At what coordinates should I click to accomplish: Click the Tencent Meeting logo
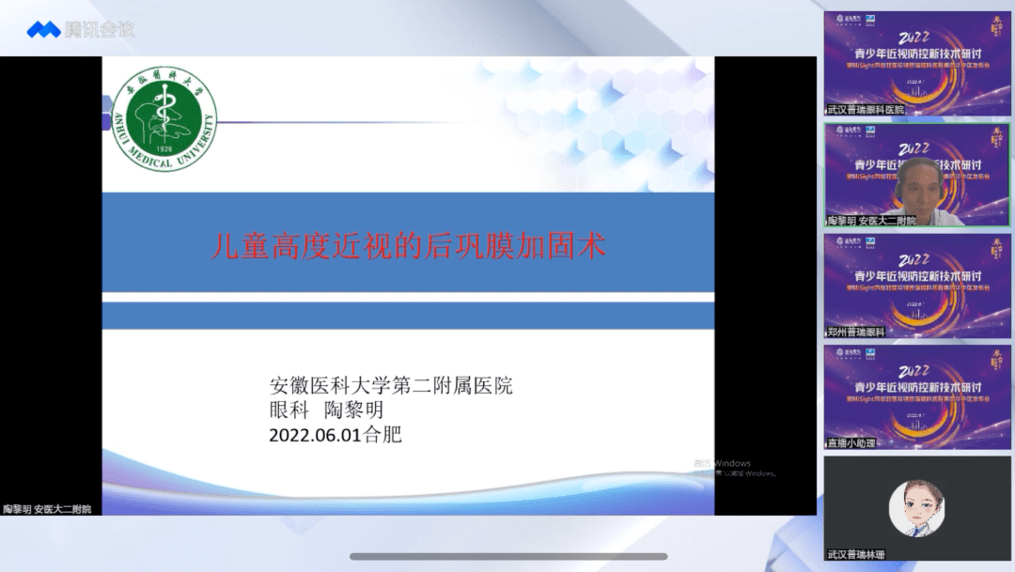(x=81, y=29)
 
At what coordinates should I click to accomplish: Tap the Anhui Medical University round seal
(x=164, y=121)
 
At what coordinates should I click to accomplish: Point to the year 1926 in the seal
(x=164, y=148)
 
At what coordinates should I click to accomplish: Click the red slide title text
(x=406, y=247)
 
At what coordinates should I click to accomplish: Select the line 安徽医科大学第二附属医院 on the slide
(x=391, y=385)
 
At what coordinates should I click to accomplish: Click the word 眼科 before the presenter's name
(x=288, y=410)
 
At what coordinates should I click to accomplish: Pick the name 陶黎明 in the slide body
(x=354, y=410)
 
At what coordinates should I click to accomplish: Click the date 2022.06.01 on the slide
(x=316, y=436)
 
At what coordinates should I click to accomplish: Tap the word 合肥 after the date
(x=383, y=436)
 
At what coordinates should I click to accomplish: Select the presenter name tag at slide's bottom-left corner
(x=47, y=509)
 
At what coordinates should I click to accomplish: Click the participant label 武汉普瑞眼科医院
(x=867, y=110)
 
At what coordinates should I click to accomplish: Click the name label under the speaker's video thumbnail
(x=871, y=221)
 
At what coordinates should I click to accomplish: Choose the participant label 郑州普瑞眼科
(x=855, y=332)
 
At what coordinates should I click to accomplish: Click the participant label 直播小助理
(x=851, y=442)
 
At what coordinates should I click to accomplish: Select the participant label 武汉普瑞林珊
(x=855, y=554)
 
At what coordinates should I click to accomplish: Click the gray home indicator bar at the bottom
(x=507, y=556)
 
